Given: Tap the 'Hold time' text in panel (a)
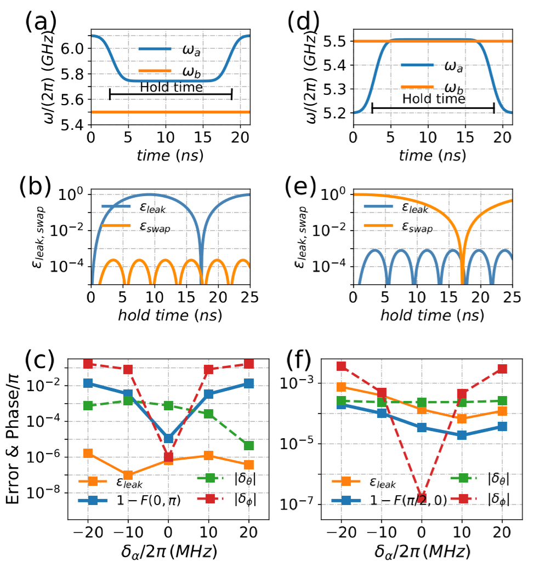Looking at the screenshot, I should [171, 87].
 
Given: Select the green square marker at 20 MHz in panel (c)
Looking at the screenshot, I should [249, 445].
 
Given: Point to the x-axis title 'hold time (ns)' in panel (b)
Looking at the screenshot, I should [169, 316].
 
